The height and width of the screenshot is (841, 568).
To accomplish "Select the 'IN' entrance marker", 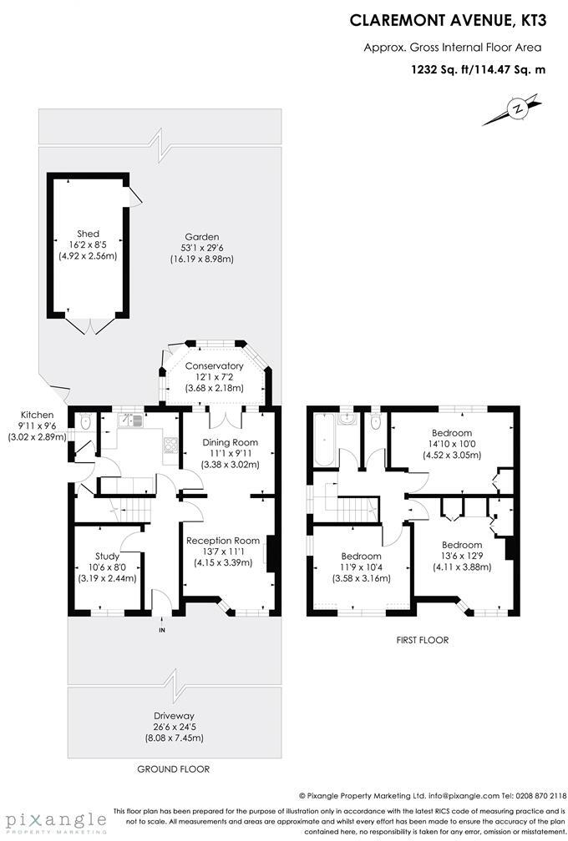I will coord(163,630).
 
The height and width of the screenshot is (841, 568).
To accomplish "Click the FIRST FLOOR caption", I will coord(422,640).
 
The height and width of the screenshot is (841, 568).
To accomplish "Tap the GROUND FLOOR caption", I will coord(173,768).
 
